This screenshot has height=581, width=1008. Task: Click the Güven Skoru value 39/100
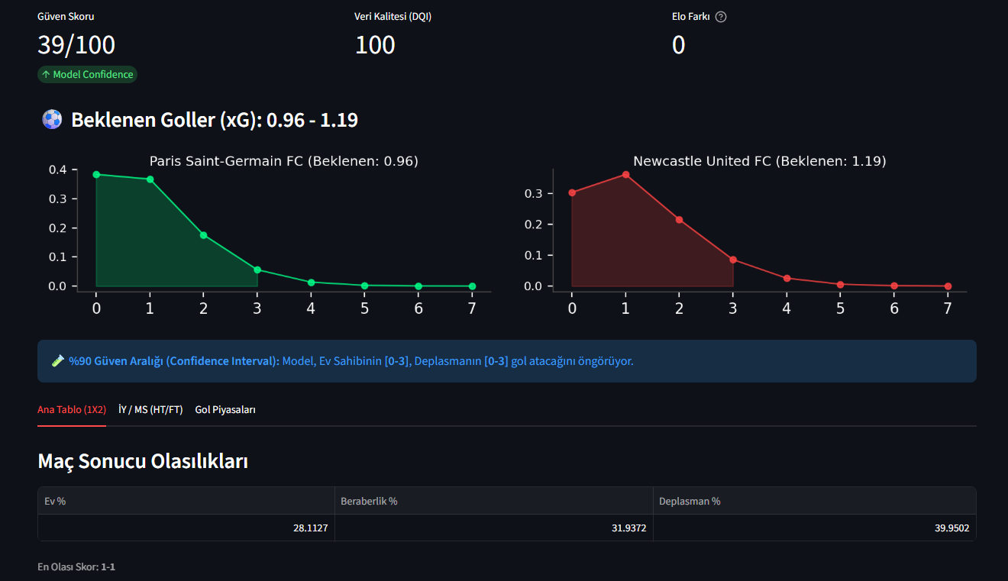click(x=76, y=45)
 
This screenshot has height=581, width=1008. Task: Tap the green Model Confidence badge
click(x=87, y=75)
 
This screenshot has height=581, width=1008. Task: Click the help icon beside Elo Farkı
click(x=721, y=17)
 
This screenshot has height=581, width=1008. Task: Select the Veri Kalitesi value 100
click(x=375, y=45)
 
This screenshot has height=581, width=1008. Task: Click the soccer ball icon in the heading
click(x=52, y=120)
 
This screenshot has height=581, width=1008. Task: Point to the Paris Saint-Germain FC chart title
click(x=283, y=161)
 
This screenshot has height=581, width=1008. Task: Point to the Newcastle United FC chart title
click(x=759, y=161)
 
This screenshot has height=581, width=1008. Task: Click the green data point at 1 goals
click(x=150, y=179)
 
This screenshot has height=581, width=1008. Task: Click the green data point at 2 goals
click(x=204, y=235)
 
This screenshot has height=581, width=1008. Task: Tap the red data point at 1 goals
click(x=625, y=175)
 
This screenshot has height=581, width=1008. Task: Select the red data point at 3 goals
click(x=733, y=260)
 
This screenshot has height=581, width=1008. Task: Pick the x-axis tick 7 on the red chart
click(x=948, y=308)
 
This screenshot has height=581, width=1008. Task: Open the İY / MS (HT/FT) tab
click(x=150, y=410)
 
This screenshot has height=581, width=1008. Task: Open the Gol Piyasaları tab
click(x=225, y=410)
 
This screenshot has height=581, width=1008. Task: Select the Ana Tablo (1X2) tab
click(x=72, y=410)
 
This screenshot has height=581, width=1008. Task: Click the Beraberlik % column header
click(x=370, y=502)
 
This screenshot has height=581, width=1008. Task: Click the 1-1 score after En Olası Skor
click(x=108, y=567)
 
